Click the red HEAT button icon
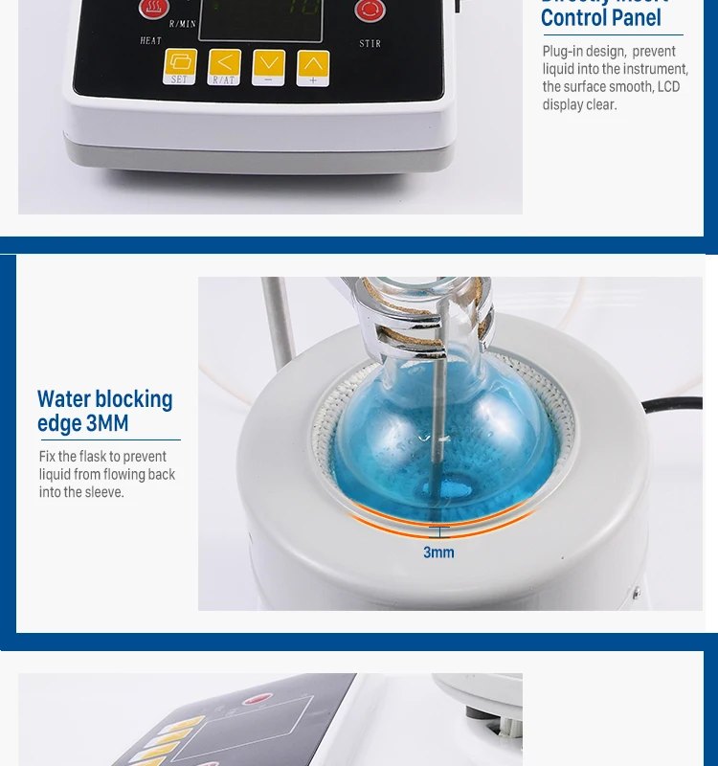(151, 11)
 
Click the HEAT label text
(151, 41)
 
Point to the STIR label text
(370, 43)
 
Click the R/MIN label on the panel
(181, 22)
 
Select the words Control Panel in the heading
(600, 18)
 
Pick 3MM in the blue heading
(106, 423)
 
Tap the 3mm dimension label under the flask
(438, 552)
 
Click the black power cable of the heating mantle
(675, 407)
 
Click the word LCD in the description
(668, 86)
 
